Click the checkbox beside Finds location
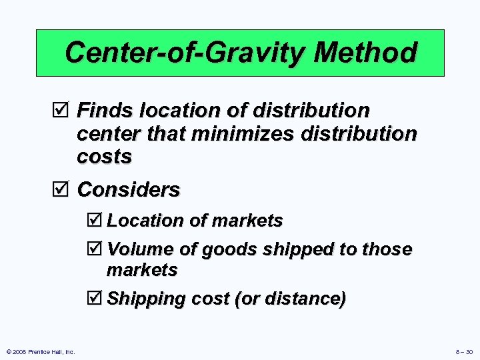click(64, 109)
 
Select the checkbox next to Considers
click(64, 190)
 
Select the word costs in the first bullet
click(105, 157)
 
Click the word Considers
click(129, 190)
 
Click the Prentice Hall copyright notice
click(39, 351)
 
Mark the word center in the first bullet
click(108, 133)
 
